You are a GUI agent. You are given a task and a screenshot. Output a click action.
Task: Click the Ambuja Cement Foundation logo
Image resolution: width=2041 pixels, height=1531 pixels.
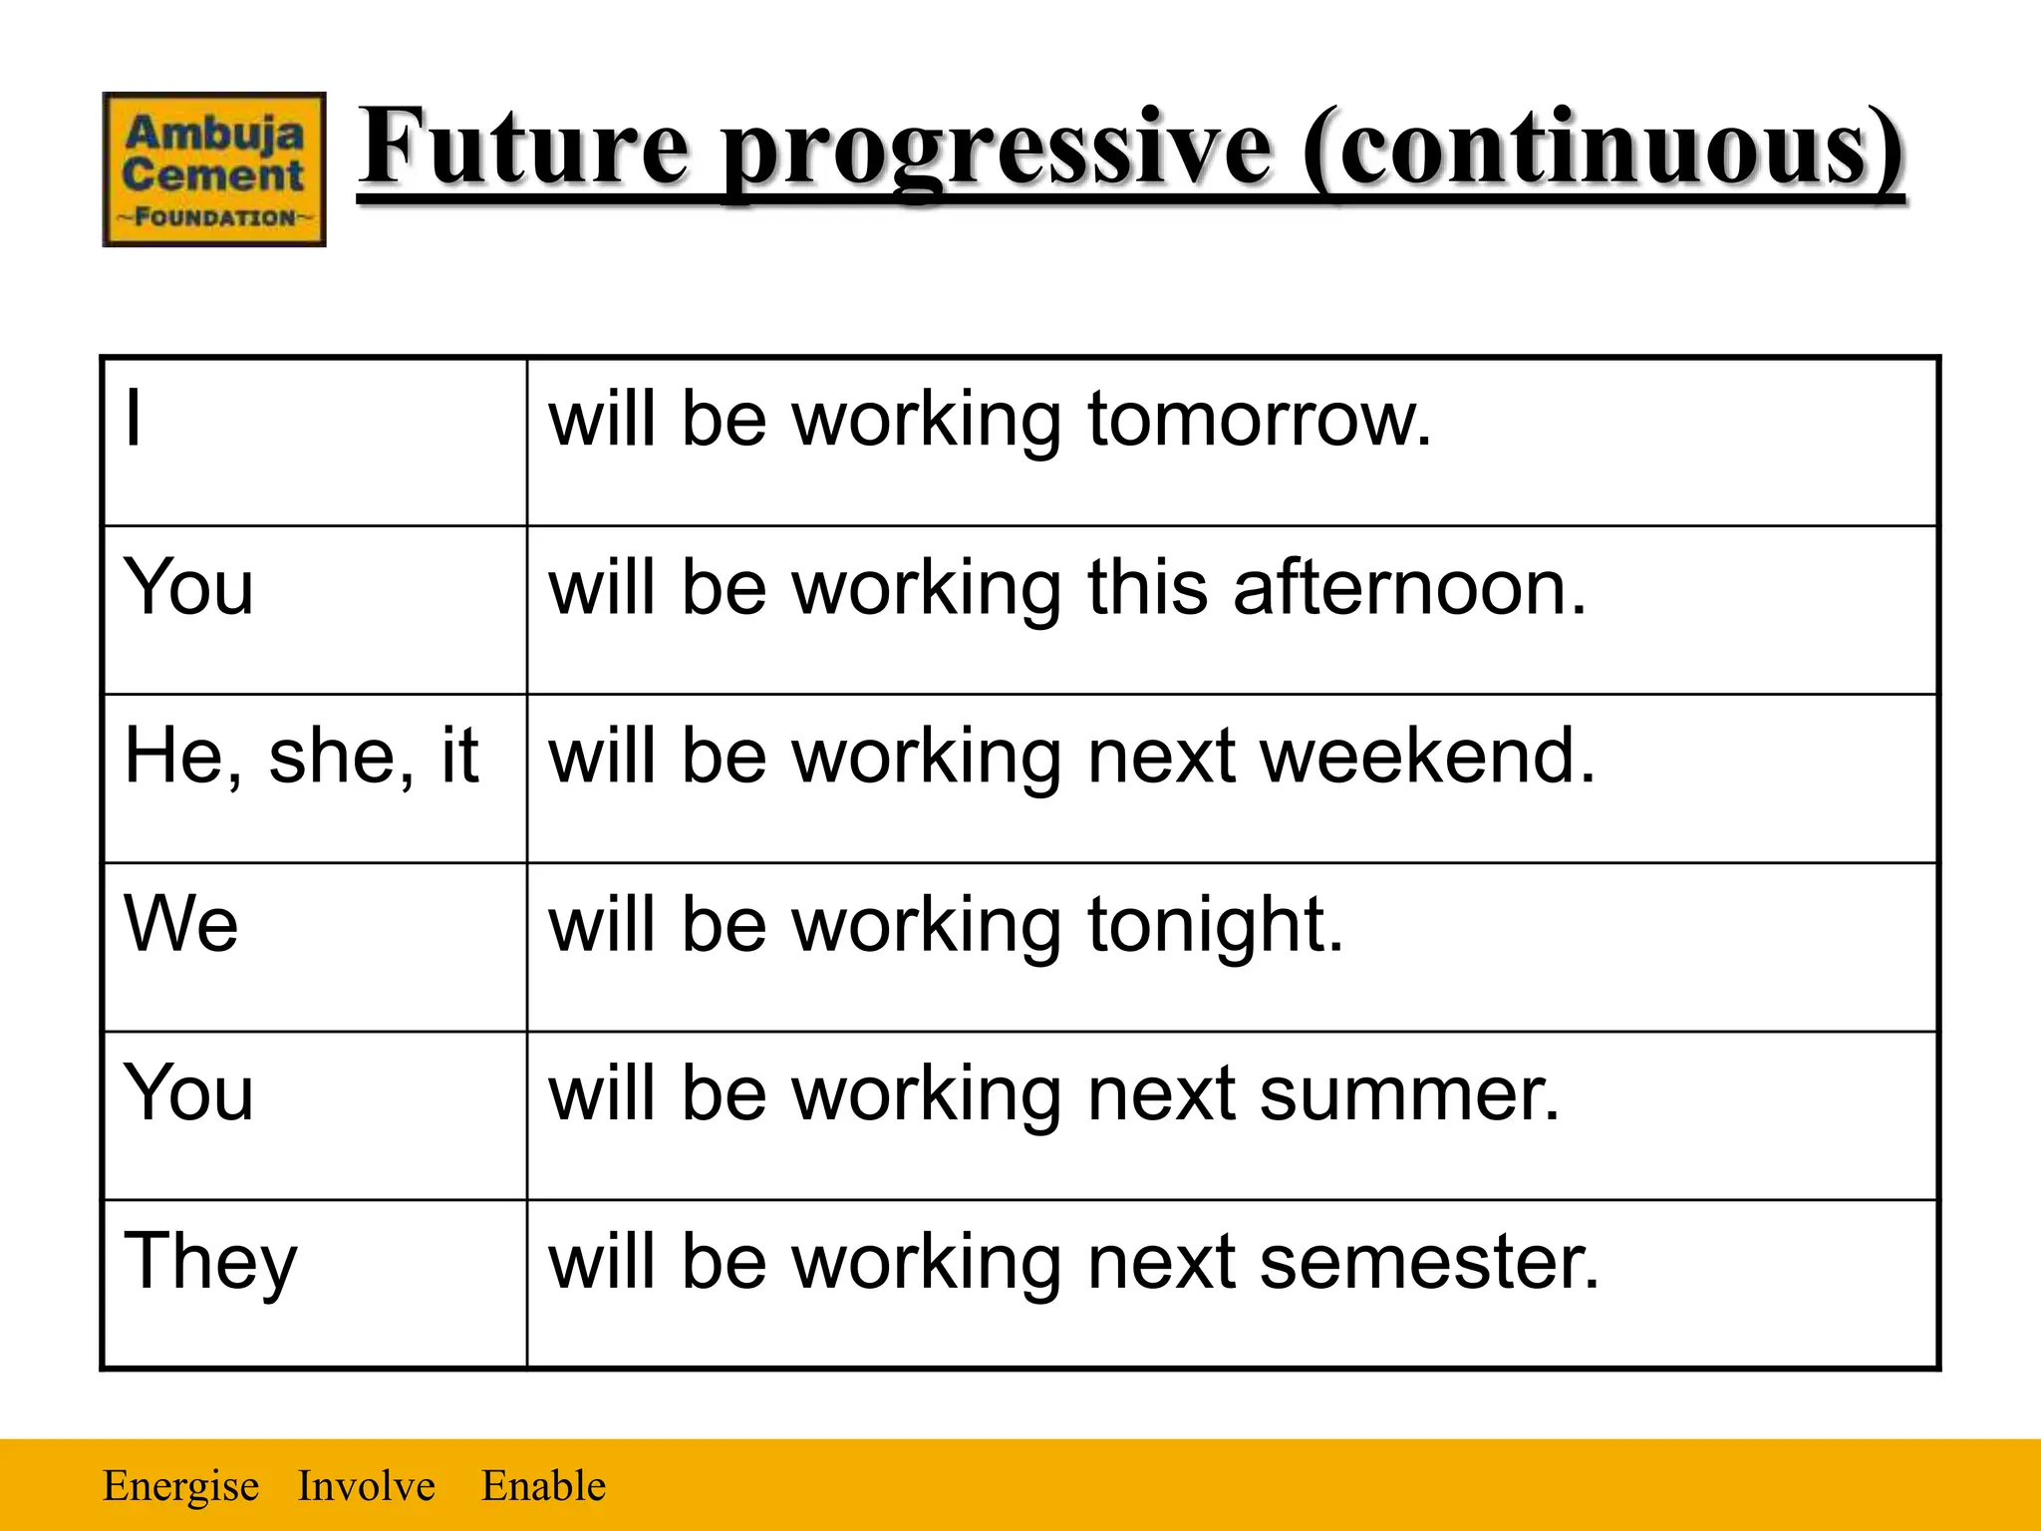tap(214, 169)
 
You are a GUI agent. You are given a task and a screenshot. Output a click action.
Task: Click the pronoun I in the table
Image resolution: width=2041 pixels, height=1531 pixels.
tap(134, 419)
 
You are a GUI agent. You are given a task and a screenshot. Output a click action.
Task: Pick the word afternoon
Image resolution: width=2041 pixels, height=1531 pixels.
tap(1409, 587)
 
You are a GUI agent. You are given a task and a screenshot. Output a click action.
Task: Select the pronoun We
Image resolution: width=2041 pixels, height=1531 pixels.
tap(180, 924)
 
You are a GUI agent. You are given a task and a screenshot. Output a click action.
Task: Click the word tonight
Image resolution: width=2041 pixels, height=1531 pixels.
tap(1215, 926)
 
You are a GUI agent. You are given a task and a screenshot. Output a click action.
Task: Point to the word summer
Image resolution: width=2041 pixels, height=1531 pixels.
tap(1409, 1093)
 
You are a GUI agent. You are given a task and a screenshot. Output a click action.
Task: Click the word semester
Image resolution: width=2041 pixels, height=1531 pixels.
tap(1429, 1262)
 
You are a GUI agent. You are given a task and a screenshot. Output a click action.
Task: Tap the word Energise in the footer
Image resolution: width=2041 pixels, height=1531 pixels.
tap(180, 1486)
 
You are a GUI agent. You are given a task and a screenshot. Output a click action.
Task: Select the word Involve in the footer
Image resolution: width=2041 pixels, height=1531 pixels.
tap(366, 1486)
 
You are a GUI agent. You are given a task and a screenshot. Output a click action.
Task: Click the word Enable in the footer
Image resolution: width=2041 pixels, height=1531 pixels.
tap(543, 1486)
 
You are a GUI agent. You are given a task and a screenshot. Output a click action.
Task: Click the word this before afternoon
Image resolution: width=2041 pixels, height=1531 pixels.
tap(1147, 587)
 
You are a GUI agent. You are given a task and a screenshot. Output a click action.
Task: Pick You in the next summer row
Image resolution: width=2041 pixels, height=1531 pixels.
tap(188, 1093)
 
